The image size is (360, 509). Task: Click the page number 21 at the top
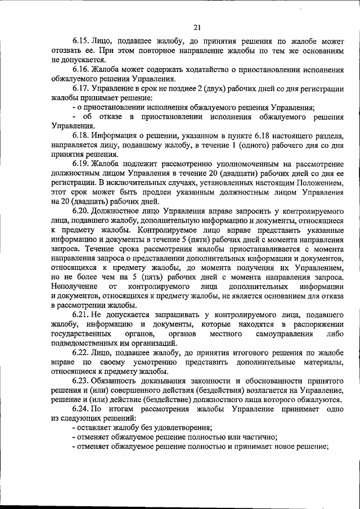point(197,27)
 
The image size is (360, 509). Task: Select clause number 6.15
point(82,41)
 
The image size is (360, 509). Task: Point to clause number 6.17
point(82,88)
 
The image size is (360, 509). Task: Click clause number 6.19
point(82,164)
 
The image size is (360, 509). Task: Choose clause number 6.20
point(82,211)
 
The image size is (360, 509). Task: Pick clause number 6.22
point(82,353)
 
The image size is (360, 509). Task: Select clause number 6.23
point(82,381)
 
